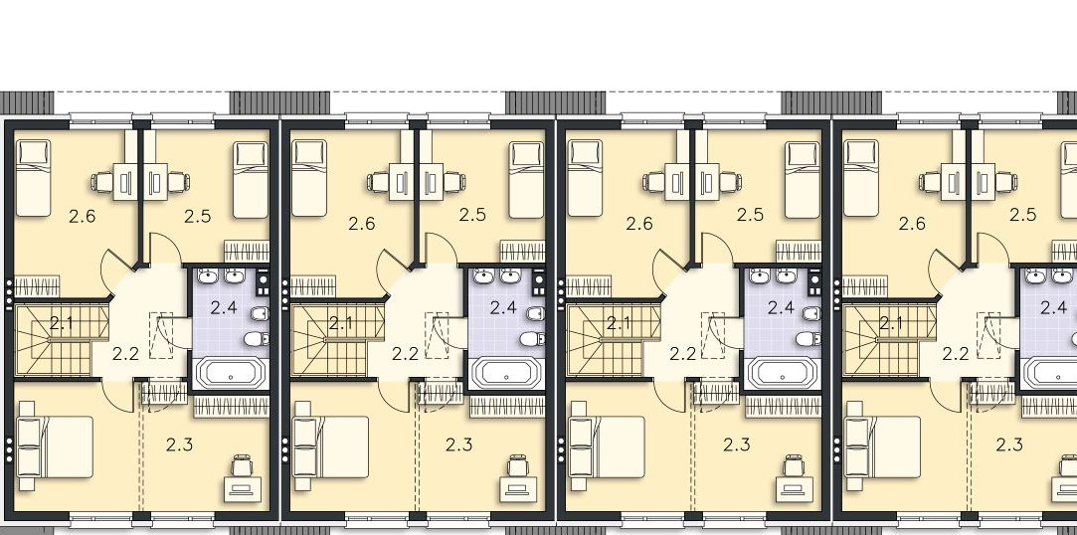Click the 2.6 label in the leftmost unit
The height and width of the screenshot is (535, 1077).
83,217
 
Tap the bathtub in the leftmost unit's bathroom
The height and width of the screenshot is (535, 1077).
231,374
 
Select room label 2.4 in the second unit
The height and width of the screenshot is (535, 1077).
503,307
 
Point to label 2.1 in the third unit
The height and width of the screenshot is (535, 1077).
619,322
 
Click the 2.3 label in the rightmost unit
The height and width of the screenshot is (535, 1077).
1009,446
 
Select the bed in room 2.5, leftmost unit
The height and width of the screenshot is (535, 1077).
250,180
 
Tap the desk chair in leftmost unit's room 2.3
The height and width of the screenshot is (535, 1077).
242,465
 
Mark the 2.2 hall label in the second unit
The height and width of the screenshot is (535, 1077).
406,354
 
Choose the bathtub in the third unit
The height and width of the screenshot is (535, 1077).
783,374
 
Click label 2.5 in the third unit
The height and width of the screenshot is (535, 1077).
750,215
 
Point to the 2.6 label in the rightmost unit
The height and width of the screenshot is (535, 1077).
912,223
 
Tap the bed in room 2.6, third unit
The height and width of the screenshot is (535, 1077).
586,178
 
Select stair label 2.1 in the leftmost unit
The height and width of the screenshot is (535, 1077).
62,322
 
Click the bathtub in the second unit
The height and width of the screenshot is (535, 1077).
507,374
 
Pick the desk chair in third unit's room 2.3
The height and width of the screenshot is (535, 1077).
794,465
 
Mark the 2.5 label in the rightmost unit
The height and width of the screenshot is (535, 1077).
1022,215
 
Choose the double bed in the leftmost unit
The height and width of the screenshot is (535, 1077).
55,446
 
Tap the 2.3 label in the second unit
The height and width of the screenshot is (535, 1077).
458,446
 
